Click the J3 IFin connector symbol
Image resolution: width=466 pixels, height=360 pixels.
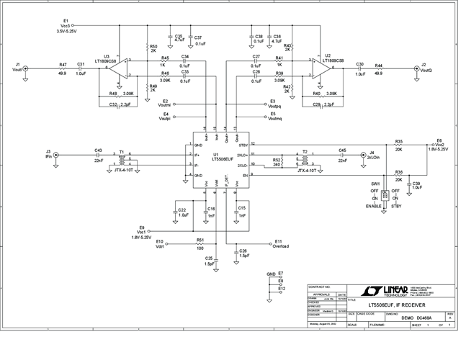point(57,154)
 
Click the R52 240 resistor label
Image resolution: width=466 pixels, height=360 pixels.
point(276,163)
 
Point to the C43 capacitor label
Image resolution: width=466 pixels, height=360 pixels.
point(98,150)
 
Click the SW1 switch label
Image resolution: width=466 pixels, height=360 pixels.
point(375,184)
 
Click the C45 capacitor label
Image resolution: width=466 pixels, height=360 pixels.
point(342,150)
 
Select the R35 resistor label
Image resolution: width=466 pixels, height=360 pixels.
point(398,142)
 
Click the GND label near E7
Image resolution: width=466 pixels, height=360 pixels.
point(271,274)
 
